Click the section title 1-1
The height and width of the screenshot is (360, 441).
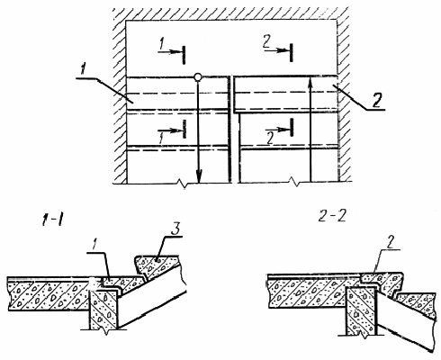(x=54, y=221)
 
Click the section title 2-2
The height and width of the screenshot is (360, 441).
(x=332, y=216)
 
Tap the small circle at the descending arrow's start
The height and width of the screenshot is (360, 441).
(x=197, y=77)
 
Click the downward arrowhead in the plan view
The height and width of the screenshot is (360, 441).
(x=199, y=176)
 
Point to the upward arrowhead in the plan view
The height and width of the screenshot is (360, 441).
(x=310, y=83)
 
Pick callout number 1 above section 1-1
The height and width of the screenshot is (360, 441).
(x=94, y=245)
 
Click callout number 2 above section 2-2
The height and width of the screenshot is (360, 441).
(x=389, y=242)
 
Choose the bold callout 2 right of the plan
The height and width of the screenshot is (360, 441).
(x=376, y=100)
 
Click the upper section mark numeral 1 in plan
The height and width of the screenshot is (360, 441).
(x=161, y=44)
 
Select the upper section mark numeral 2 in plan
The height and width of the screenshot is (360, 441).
(x=267, y=41)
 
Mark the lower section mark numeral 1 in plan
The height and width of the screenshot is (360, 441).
(x=161, y=139)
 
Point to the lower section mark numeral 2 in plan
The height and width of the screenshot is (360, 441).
(x=270, y=139)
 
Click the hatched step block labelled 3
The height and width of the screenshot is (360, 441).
(x=157, y=265)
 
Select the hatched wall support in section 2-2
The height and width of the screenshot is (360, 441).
(x=361, y=310)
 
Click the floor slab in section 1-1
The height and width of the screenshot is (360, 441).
(x=49, y=293)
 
